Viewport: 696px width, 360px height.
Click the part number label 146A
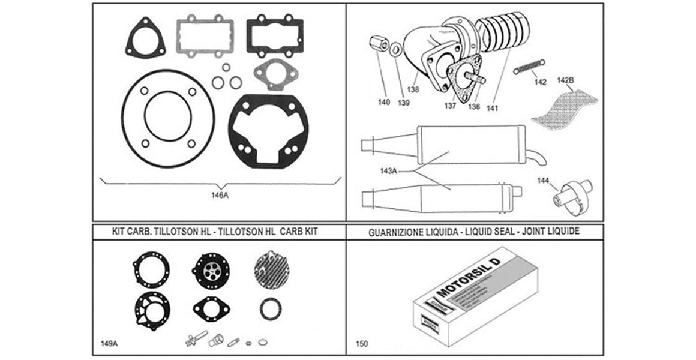220,195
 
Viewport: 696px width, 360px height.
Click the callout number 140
384,102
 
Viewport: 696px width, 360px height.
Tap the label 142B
566,80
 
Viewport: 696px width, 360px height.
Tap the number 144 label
543,179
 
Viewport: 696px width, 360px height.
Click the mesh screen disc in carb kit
268,269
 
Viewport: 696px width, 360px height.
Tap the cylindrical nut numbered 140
378,44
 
